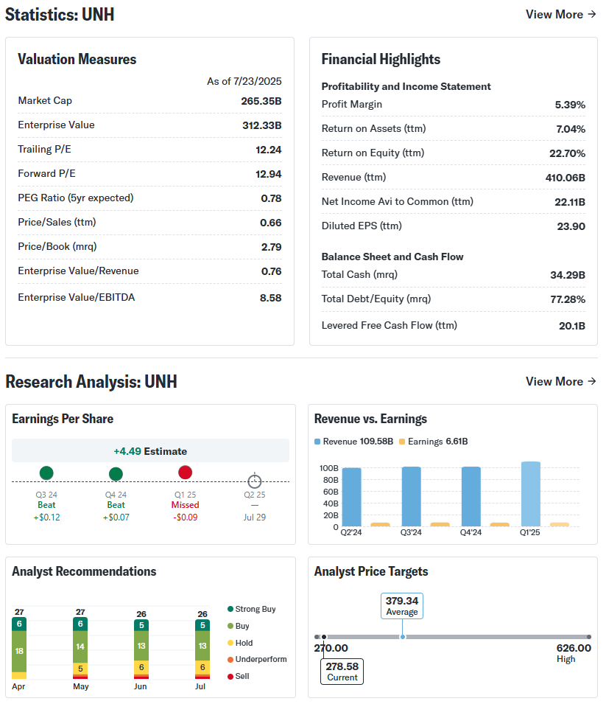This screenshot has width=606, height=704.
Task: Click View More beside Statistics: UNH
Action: click(560, 14)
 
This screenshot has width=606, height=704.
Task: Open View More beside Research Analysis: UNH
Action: click(560, 381)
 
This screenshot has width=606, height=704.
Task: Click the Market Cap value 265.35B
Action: click(261, 101)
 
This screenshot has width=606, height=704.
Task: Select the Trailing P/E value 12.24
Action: click(271, 150)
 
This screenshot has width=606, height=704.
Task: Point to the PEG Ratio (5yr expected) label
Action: click(75, 198)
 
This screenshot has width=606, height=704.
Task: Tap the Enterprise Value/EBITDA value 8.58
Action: click(271, 298)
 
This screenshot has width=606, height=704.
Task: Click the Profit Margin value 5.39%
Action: click(570, 105)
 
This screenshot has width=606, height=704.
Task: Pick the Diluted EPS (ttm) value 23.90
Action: click(571, 226)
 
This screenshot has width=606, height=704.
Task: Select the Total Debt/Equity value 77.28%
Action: click(567, 299)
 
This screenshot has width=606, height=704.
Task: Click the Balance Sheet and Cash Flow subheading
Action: click(392, 257)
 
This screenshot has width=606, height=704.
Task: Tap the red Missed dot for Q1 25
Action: click(185, 473)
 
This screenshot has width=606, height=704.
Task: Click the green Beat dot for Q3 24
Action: click(46, 473)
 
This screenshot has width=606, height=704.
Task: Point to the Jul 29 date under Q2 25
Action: click(254, 517)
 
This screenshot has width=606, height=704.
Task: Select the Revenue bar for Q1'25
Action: click(530, 494)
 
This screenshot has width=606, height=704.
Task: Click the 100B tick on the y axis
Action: click(328, 468)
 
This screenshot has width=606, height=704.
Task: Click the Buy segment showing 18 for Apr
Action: click(19, 651)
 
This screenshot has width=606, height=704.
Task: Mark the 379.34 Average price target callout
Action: click(401, 606)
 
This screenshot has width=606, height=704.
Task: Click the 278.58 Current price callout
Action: click(342, 671)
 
